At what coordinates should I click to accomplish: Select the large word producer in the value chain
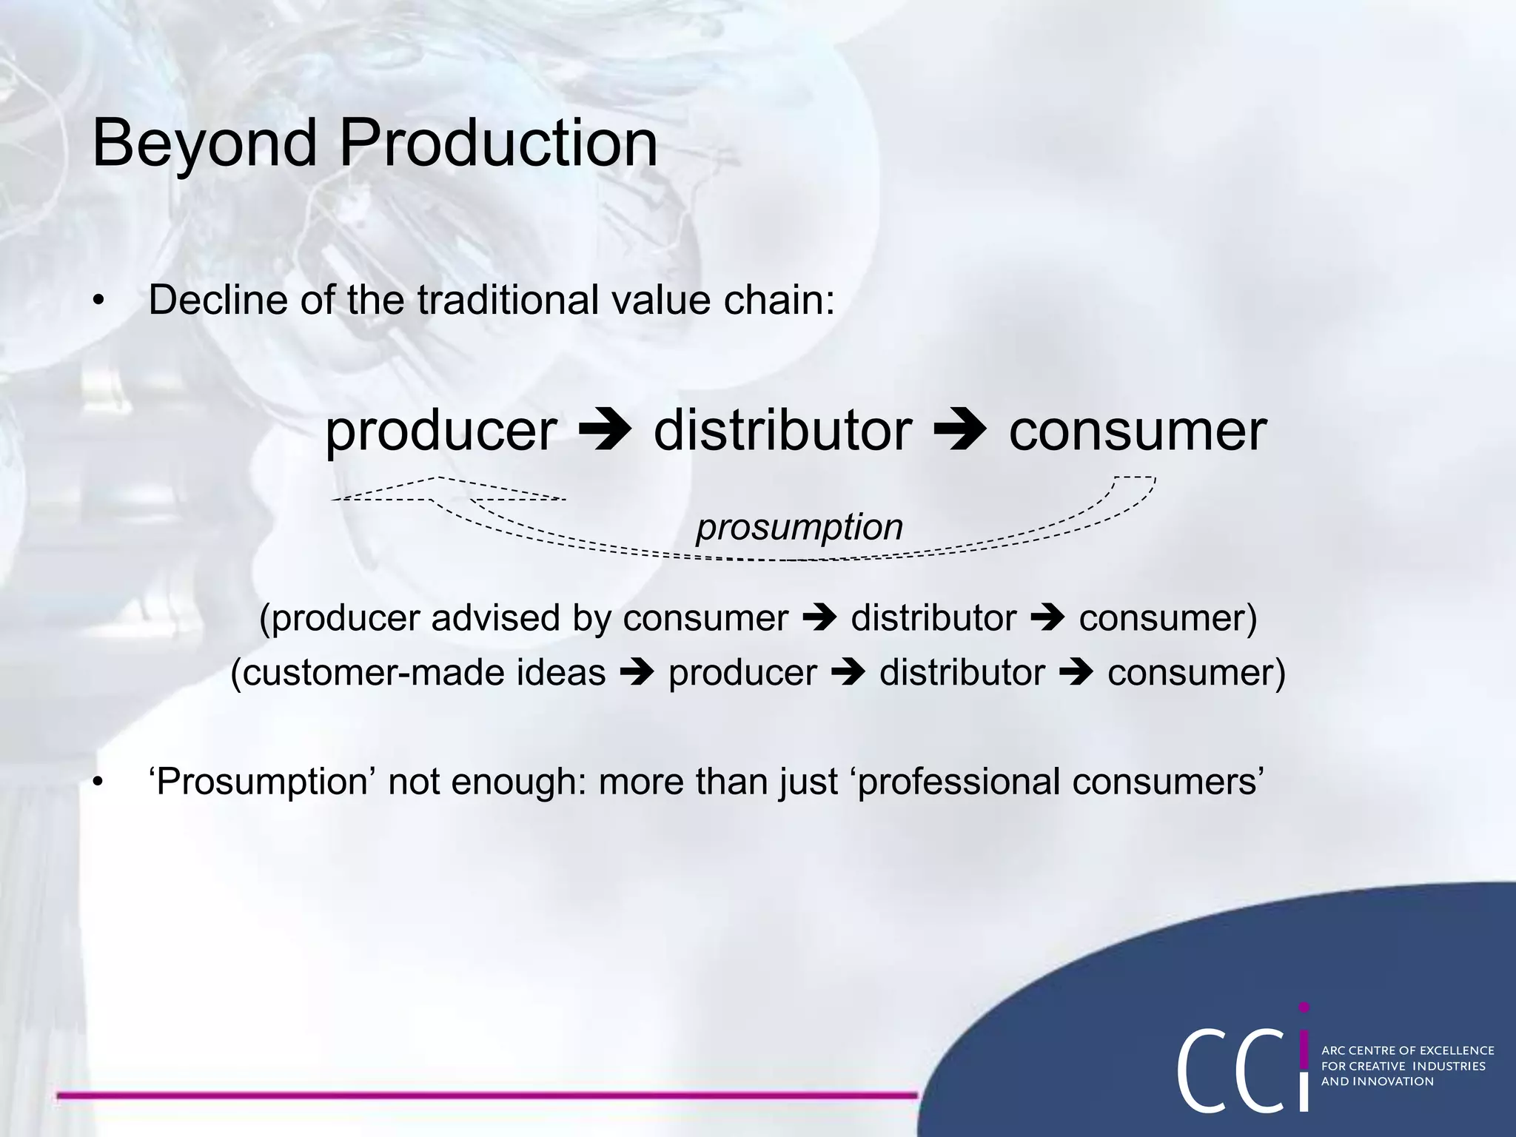(x=441, y=431)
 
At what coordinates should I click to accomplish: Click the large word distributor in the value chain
(x=782, y=431)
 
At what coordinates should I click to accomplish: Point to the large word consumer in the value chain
(x=1138, y=431)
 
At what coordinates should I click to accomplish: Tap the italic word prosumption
(x=799, y=528)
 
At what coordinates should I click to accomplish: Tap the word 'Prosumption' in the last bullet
(x=263, y=782)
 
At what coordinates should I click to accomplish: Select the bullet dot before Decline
(x=98, y=301)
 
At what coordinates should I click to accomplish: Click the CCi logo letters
(x=1244, y=1066)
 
